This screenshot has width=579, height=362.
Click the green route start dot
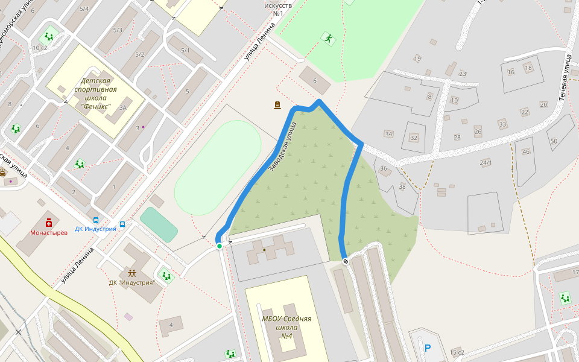220,246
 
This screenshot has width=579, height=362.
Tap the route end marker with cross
346,261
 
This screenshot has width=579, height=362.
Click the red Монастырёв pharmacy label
48,232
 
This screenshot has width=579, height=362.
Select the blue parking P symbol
428,348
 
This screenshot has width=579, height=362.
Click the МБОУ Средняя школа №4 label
286,326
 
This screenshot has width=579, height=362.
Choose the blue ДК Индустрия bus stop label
95,229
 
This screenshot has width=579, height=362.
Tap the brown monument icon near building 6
277,106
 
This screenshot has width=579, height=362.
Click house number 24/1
486,163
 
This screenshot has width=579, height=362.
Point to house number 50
554,141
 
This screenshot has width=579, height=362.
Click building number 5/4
84,9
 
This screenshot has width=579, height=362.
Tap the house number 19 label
417,59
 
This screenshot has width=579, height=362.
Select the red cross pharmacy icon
48,223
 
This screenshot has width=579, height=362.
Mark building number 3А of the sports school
122,108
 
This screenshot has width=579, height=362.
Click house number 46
526,151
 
